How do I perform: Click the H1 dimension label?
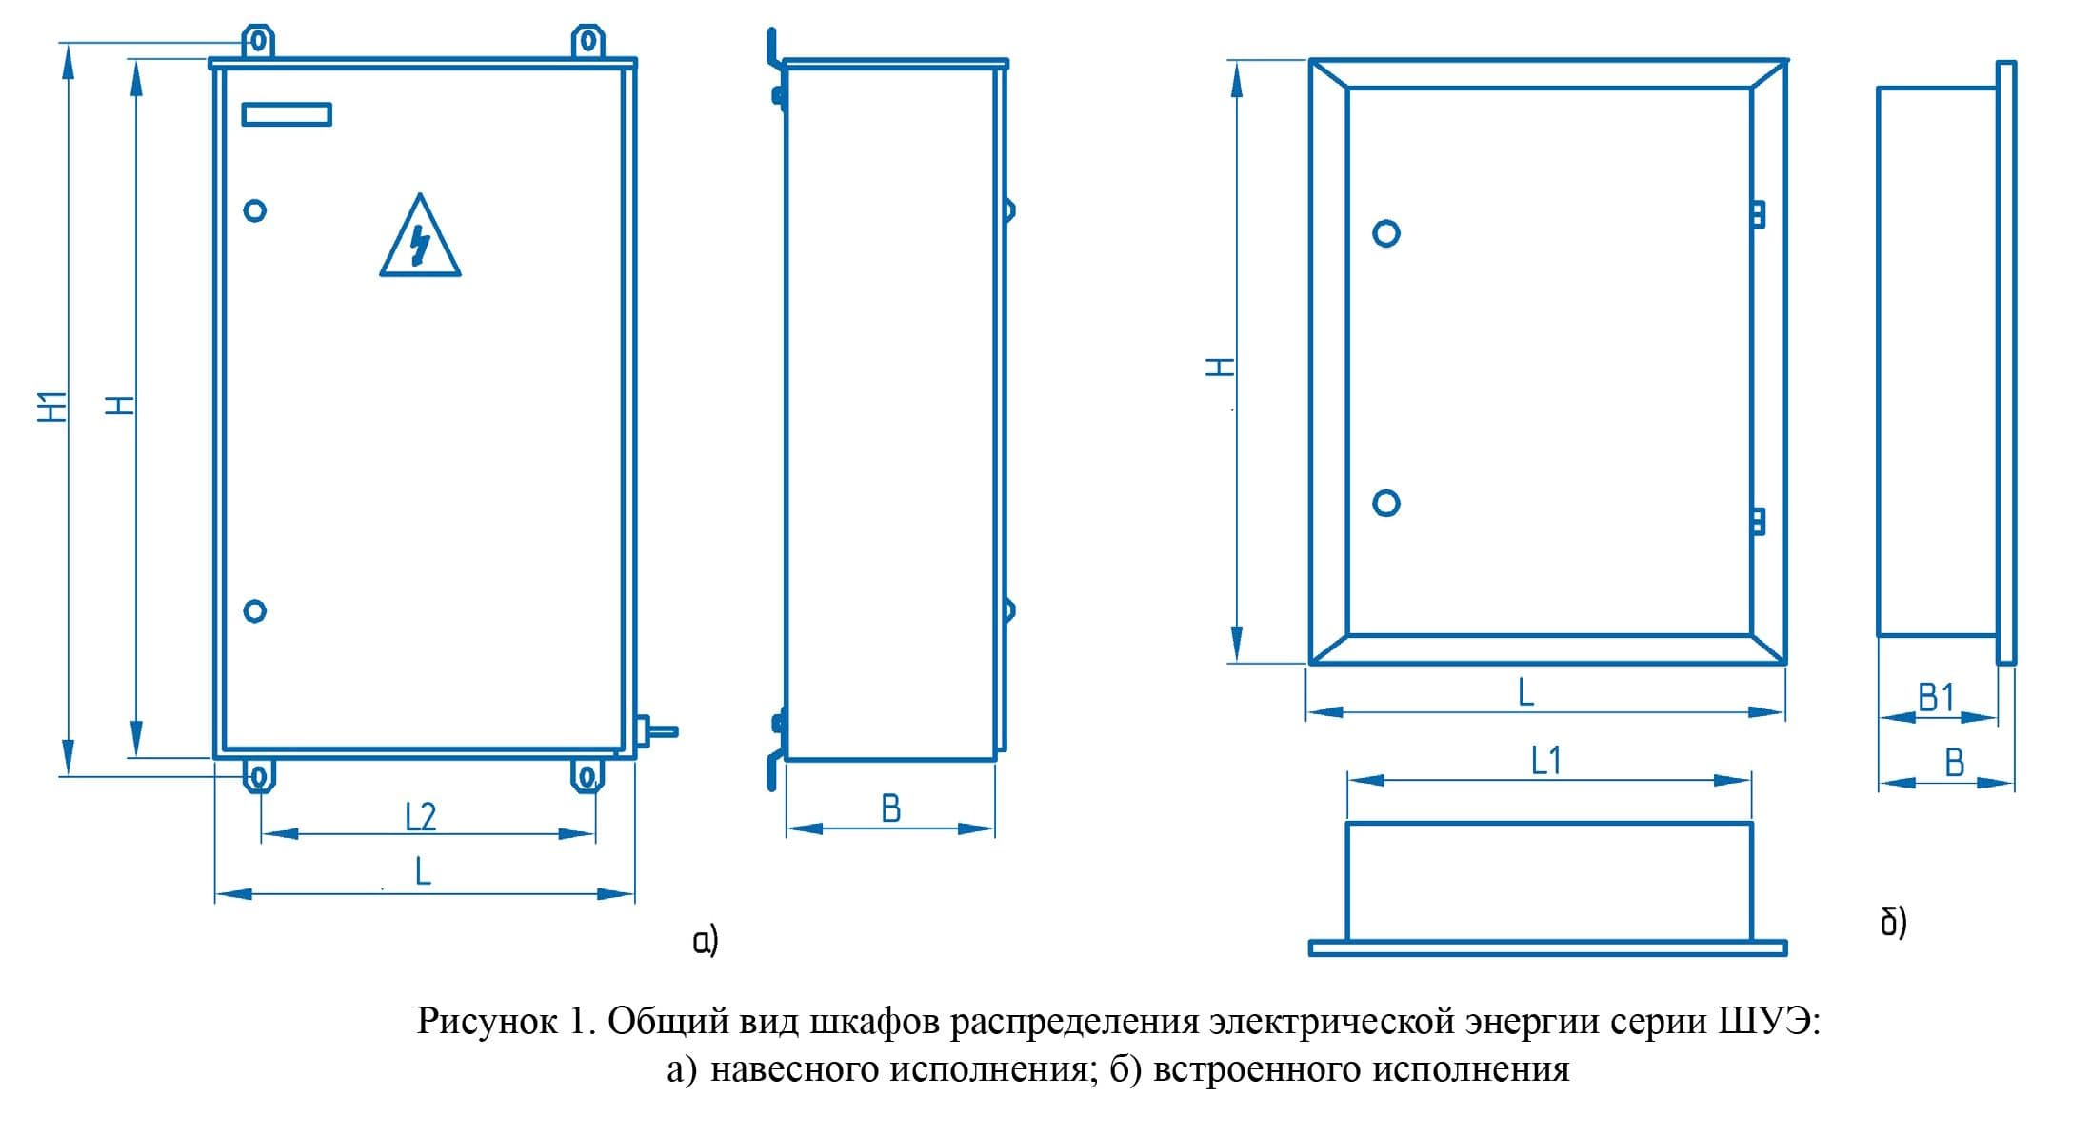coord(53,406)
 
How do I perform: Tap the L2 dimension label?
coord(421,816)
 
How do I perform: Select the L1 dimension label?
coord(1546,761)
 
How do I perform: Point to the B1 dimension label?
coord(1936,698)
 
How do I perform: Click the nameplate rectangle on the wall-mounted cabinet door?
coord(287,114)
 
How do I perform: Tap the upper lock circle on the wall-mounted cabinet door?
coord(254,210)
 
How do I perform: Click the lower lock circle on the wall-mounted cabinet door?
coord(254,611)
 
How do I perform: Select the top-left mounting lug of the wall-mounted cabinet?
coord(258,42)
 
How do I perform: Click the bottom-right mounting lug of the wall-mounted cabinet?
coord(587,775)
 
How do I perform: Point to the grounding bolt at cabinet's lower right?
coord(656,731)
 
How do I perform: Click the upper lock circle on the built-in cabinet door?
coord(1386,233)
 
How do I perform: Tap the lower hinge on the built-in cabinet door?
coord(1759,521)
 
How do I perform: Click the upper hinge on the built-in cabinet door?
coord(1759,214)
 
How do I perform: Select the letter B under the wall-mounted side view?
coord(891,808)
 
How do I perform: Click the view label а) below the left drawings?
coord(706,941)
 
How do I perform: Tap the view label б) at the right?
coord(1894,922)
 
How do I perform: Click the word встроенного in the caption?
coord(1256,1069)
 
